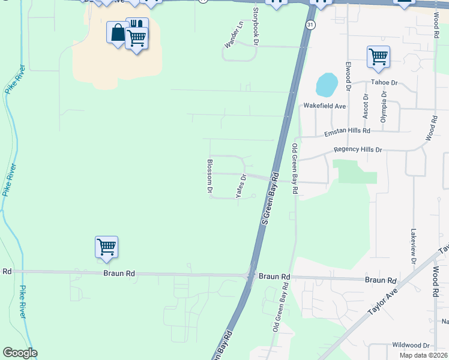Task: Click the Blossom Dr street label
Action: coord(210,176)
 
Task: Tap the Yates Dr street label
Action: coord(241,186)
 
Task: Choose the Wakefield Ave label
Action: coord(324,106)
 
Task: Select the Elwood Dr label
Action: coord(348,76)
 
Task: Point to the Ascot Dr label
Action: coord(365,106)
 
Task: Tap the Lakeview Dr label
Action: coord(413,246)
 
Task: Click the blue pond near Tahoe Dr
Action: coord(327,85)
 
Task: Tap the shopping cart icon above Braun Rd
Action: coord(106,246)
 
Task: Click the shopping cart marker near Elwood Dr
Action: coord(378,57)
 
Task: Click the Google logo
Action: coord(20,353)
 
